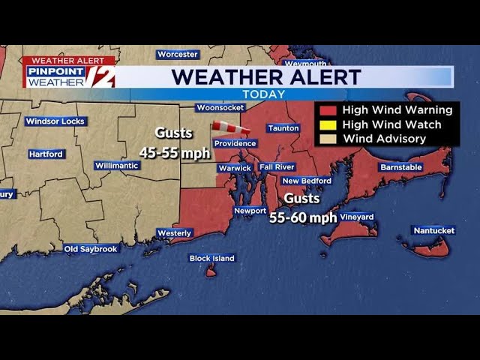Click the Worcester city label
pyautogui.click(x=178, y=54)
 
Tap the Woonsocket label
pyautogui.click(x=220, y=107)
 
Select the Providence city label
pyautogui.click(x=235, y=143)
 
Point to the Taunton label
pyautogui.click(x=283, y=128)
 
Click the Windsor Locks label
pyautogui.click(x=56, y=121)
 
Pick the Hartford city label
pyautogui.click(x=46, y=154)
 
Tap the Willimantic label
pyautogui.click(x=117, y=165)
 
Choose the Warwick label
pyautogui.click(x=235, y=168)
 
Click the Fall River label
pyautogui.click(x=277, y=166)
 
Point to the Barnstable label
pyautogui.click(x=401, y=166)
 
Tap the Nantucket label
pyautogui.click(x=433, y=230)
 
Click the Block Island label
pyautogui.click(x=212, y=258)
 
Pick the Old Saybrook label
pyautogui.click(x=91, y=248)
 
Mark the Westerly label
pyautogui.click(x=175, y=233)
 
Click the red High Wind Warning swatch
pyautogui.click(x=328, y=111)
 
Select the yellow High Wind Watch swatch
pyautogui.click(x=328, y=125)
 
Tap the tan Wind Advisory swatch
pyautogui.click(x=328, y=139)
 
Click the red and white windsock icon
pyautogui.click(x=230, y=127)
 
